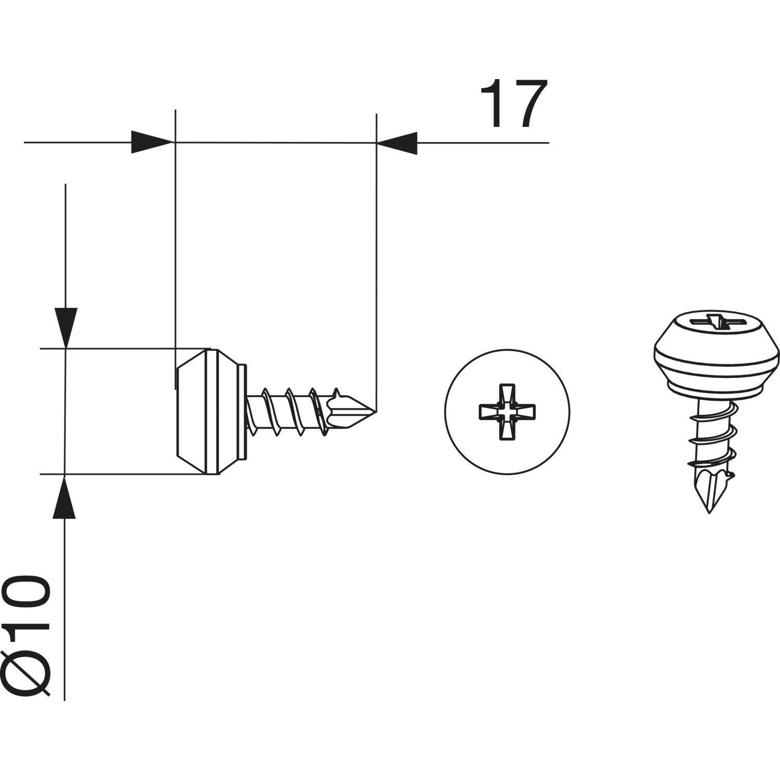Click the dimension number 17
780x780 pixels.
[514, 104]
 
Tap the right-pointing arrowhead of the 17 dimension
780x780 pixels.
[151, 142]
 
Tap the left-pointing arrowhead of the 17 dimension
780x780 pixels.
[397, 142]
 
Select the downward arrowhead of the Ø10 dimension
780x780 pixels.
[65, 328]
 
